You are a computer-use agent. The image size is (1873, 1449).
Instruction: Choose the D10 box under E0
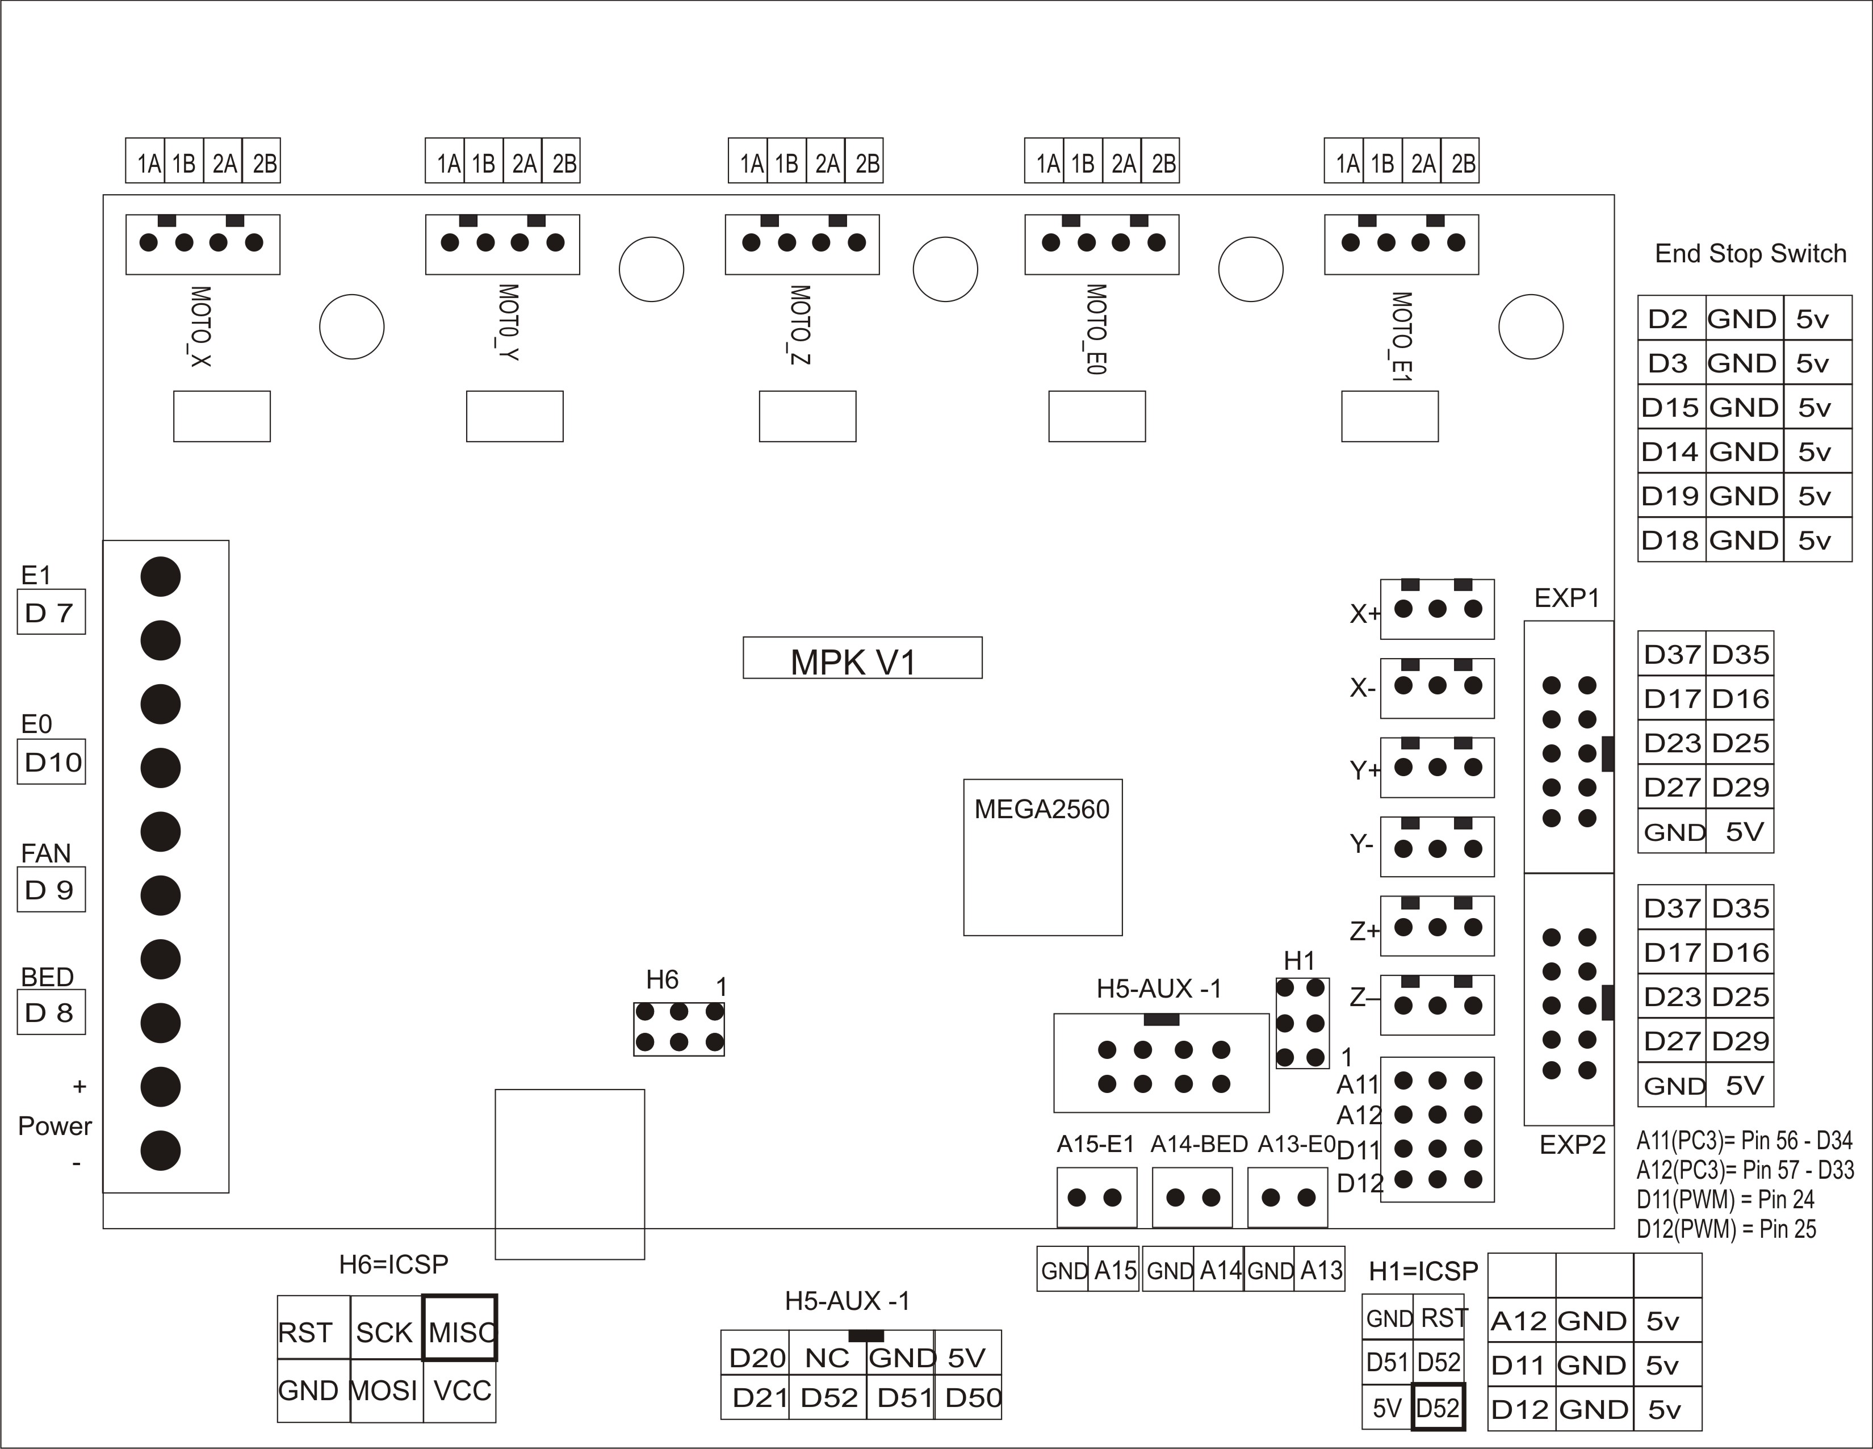pos(52,762)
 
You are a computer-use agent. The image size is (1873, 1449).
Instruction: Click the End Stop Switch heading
pos(1749,253)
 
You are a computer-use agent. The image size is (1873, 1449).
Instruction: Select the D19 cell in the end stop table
pos(1670,496)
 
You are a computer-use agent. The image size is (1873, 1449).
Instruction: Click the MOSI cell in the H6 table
pos(385,1390)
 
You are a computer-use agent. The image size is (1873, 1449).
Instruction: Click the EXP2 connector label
pos(1572,1145)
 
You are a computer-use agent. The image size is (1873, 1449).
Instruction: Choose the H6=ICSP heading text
pos(393,1264)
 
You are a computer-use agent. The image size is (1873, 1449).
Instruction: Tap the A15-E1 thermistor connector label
pos(1095,1145)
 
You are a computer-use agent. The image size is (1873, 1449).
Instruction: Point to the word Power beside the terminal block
pos(55,1125)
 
